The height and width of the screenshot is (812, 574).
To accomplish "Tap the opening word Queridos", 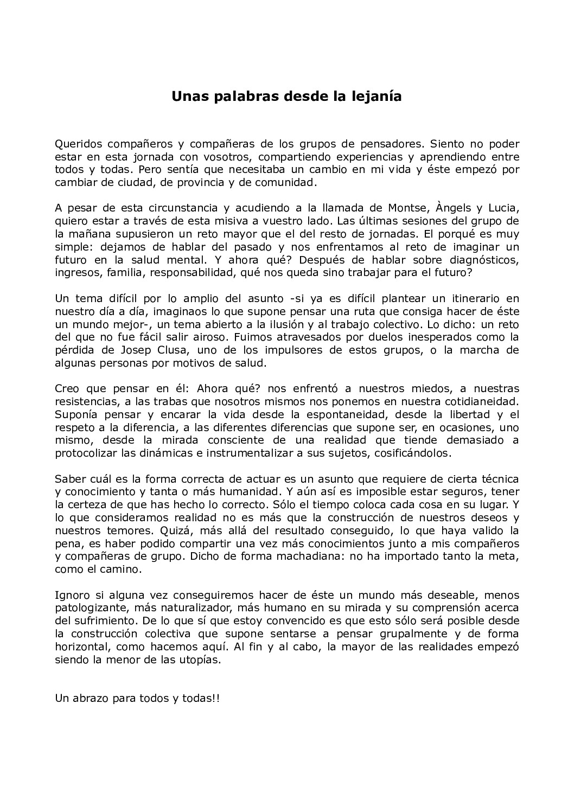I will [x=77, y=144].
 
